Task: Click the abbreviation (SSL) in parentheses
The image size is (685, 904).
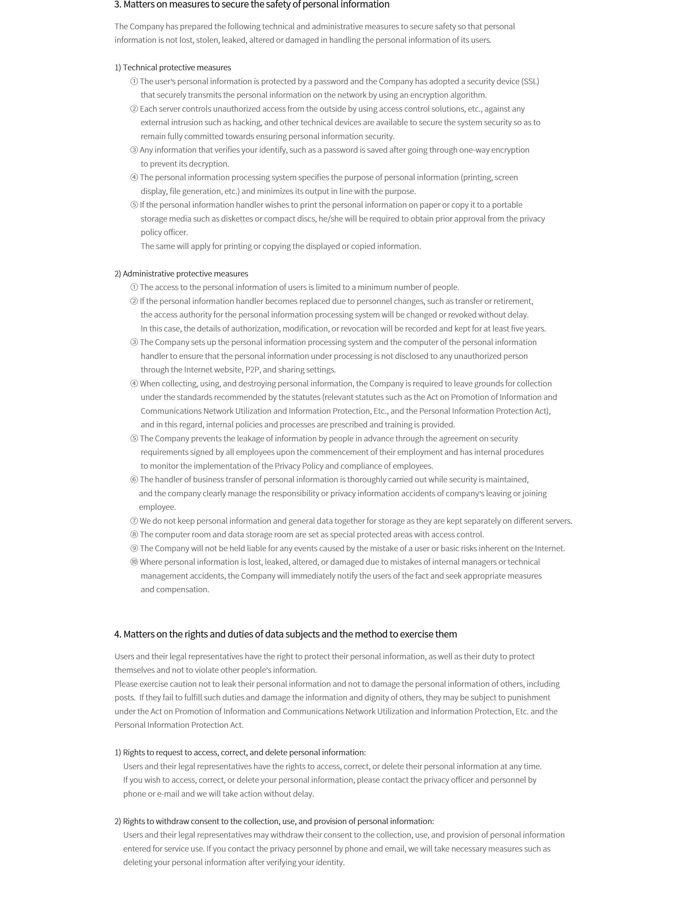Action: tap(530, 81)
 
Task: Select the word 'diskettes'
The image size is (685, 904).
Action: tap(237, 219)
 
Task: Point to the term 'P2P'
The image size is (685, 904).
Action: tap(252, 370)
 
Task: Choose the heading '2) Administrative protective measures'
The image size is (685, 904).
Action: tap(181, 274)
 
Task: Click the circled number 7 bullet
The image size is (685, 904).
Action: tap(134, 521)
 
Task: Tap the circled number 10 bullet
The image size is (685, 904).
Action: tap(134, 562)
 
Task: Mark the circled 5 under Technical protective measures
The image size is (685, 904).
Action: tap(134, 205)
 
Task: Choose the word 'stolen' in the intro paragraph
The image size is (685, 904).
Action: tap(207, 40)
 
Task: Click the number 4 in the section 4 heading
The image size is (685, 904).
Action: tap(117, 634)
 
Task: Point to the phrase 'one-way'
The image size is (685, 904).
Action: tap(474, 150)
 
